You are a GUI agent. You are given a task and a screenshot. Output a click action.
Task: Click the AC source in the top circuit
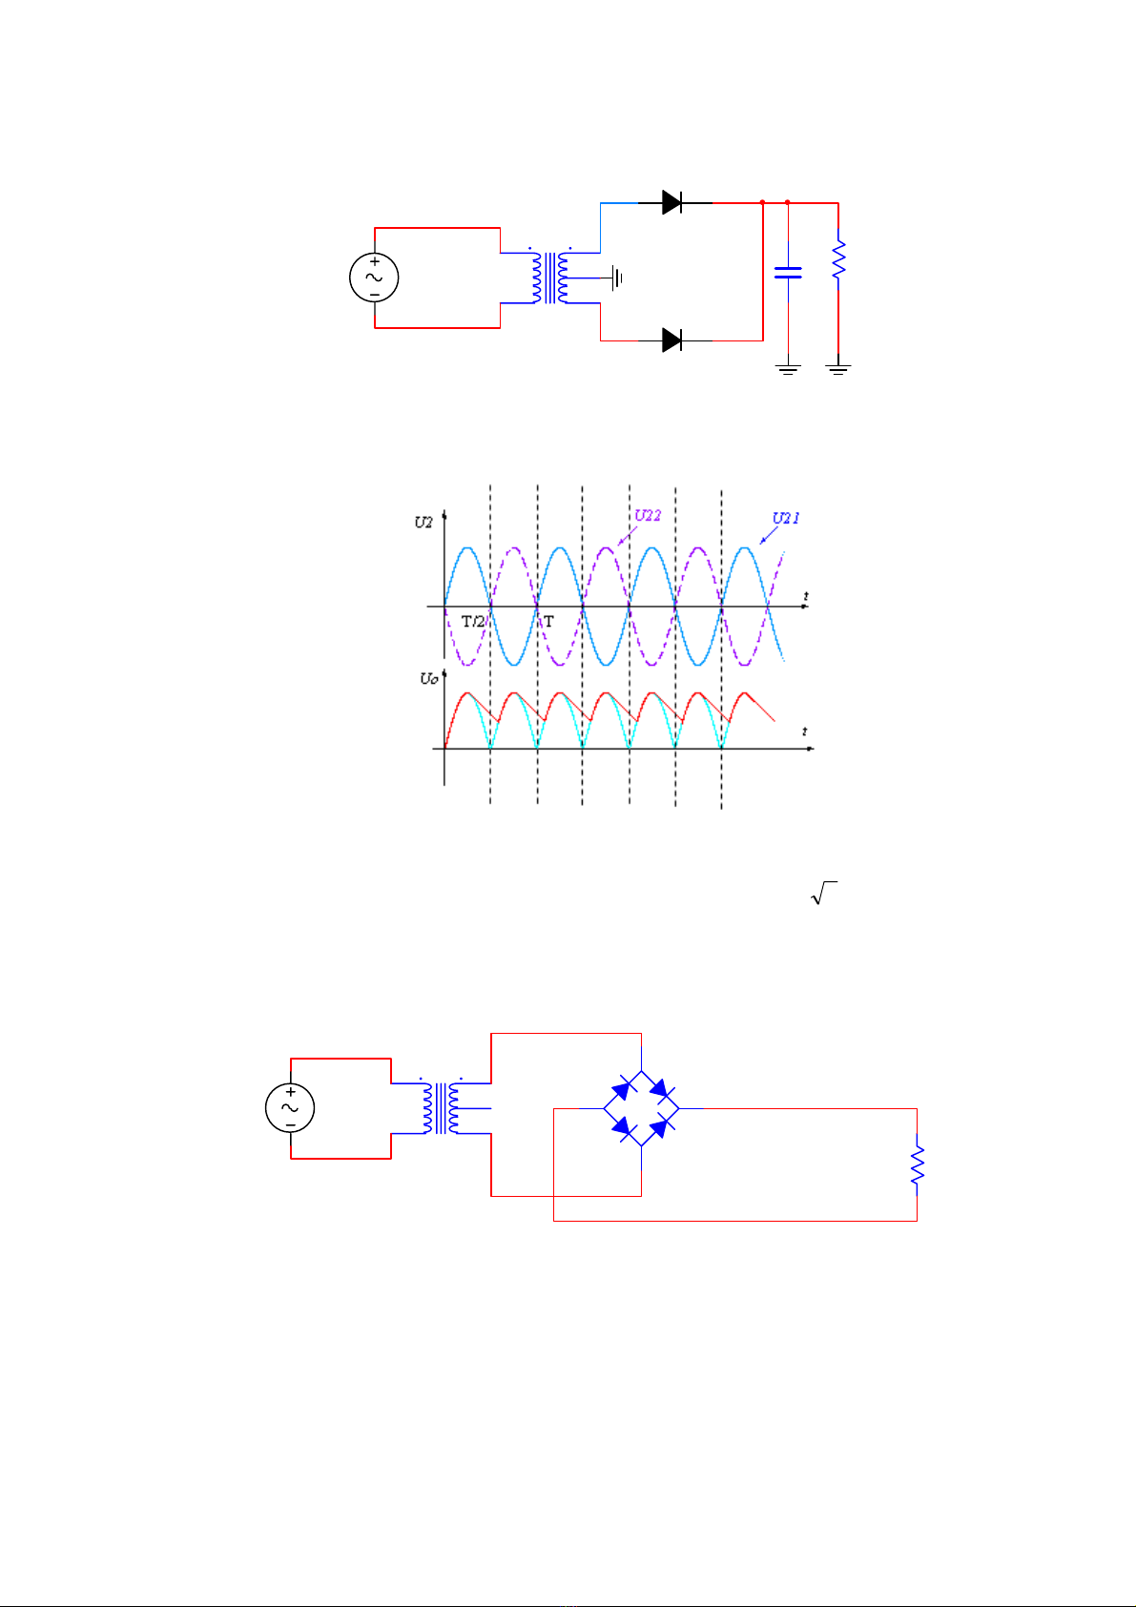pyautogui.click(x=373, y=278)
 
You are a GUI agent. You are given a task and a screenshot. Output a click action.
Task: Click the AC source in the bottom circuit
pyautogui.click(x=290, y=1108)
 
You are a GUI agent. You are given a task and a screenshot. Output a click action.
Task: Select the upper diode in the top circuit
pyautogui.click(x=672, y=202)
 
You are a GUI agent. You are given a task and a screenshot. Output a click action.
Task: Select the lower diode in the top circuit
pyautogui.click(x=672, y=340)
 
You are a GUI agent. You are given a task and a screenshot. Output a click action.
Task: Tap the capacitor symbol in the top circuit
pyautogui.click(x=788, y=273)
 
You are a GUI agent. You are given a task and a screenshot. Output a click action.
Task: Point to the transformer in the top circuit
pyautogui.click(x=549, y=278)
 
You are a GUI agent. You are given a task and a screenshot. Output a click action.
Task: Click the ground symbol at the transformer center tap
pyautogui.click(x=618, y=278)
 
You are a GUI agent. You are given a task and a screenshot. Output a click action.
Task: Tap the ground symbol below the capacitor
pyautogui.click(x=788, y=369)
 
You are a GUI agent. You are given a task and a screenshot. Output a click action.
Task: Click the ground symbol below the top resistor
pyautogui.click(x=838, y=369)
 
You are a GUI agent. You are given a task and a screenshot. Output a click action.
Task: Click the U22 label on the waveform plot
pyautogui.click(x=649, y=516)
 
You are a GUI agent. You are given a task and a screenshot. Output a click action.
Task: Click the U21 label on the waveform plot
pyautogui.click(x=786, y=519)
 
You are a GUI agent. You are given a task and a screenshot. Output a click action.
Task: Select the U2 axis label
pyautogui.click(x=423, y=523)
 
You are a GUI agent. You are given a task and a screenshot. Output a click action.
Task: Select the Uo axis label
pyautogui.click(x=428, y=679)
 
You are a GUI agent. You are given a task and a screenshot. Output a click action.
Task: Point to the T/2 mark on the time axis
pyautogui.click(x=474, y=621)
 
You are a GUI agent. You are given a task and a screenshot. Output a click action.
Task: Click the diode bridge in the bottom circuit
pyautogui.click(x=641, y=1108)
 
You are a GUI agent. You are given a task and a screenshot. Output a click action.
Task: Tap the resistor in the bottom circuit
pyautogui.click(x=917, y=1164)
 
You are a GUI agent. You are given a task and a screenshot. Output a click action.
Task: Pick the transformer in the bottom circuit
pyautogui.click(x=441, y=1108)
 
